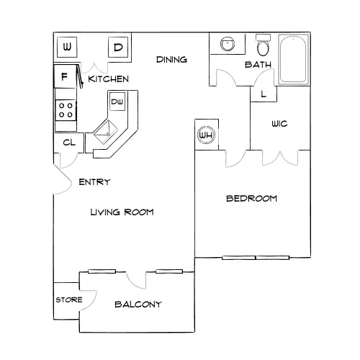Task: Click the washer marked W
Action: point(67,47)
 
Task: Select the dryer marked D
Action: point(118,47)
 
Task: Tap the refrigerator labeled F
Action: point(65,76)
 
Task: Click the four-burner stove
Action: point(66,110)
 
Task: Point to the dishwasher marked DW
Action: point(117,102)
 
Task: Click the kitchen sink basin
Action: point(106,132)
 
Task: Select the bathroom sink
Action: point(227,44)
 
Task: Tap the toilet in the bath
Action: point(264,45)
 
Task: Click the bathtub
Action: point(293,59)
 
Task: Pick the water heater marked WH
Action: point(206,135)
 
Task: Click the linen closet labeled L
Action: point(264,94)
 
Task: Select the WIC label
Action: point(279,124)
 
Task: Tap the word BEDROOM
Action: point(251,199)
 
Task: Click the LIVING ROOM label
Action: point(122,212)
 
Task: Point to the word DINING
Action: point(171,60)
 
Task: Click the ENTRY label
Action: point(94,182)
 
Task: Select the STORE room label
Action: point(69,300)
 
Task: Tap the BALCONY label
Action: point(138,305)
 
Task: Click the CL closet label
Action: point(69,143)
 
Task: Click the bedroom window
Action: point(256,258)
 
